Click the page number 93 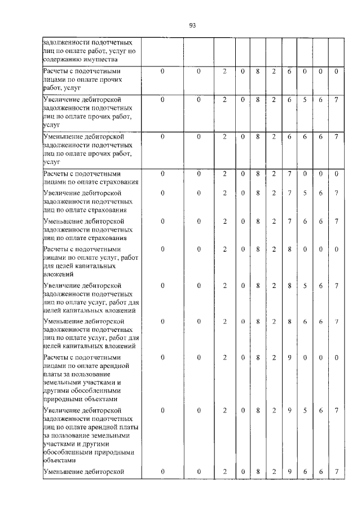click(192, 25)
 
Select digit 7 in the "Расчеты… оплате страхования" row click(289, 174)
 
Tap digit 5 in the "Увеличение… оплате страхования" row click(305, 193)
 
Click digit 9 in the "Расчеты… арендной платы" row click(289, 357)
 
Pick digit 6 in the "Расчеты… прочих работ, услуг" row click(289, 72)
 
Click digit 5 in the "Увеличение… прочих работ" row click(305, 100)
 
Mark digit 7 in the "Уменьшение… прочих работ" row click(336, 136)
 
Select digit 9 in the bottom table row click(289, 471)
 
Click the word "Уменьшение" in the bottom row click(64, 471)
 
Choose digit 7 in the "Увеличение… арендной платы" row click(336, 411)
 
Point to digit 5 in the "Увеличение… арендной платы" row click(305, 411)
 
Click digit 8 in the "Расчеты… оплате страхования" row click(257, 174)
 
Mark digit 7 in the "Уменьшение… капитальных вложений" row click(336, 322)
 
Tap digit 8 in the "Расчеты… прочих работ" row click(257, 72)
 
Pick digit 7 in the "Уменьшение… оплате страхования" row click(336, 221)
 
